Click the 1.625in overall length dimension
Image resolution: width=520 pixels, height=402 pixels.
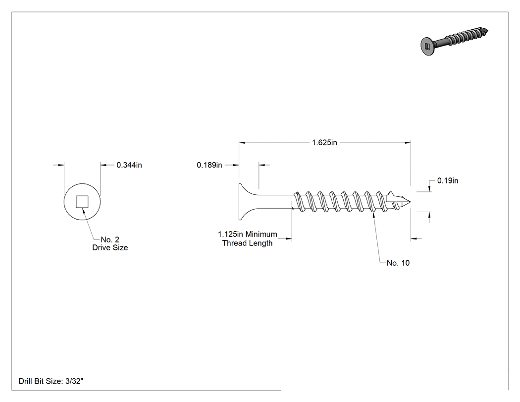pos(324,143)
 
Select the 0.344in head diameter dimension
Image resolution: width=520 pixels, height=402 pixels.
pos(129,165)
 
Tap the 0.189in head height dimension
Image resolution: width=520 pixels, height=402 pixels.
pos(209,165)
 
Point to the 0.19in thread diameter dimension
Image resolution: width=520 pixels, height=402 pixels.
pos(448,180)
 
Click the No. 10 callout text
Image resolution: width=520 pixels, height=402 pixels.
pos(398,263)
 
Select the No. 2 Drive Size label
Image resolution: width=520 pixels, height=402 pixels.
pos(110,244)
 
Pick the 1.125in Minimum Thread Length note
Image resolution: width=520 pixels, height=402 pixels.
pos(248,239)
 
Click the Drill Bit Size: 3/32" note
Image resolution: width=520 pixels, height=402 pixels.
pos(51,381)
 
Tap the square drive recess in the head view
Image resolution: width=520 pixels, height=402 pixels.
pos(82,202)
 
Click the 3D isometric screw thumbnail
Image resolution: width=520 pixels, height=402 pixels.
pos(454,42)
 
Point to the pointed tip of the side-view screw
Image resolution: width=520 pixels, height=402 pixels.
pos(410,202)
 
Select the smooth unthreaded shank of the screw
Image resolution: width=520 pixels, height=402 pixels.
pos(276,202)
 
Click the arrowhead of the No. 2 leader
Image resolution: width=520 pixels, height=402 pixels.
pos(84,211)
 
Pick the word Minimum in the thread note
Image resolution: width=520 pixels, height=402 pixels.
pos(261,234)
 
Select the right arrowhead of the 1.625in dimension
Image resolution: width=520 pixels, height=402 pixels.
pos(408,143)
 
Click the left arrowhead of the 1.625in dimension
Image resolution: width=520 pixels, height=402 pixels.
pos(242,143)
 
